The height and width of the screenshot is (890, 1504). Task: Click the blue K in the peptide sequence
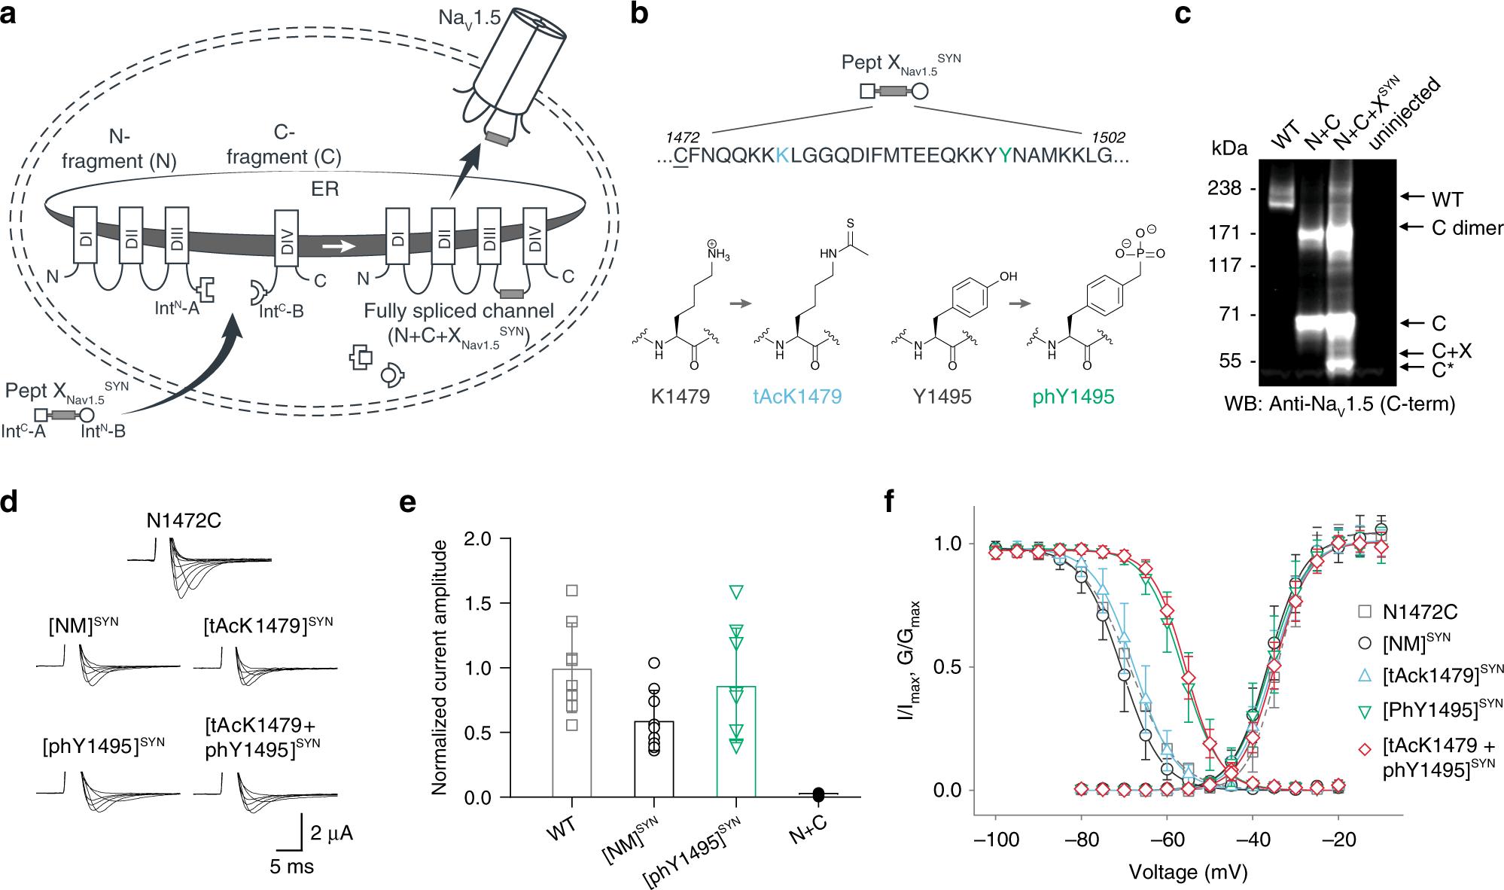(784, 156)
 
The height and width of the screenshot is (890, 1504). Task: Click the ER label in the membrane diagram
(327, 188)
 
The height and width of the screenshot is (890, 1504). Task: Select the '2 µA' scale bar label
(331, 833)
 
